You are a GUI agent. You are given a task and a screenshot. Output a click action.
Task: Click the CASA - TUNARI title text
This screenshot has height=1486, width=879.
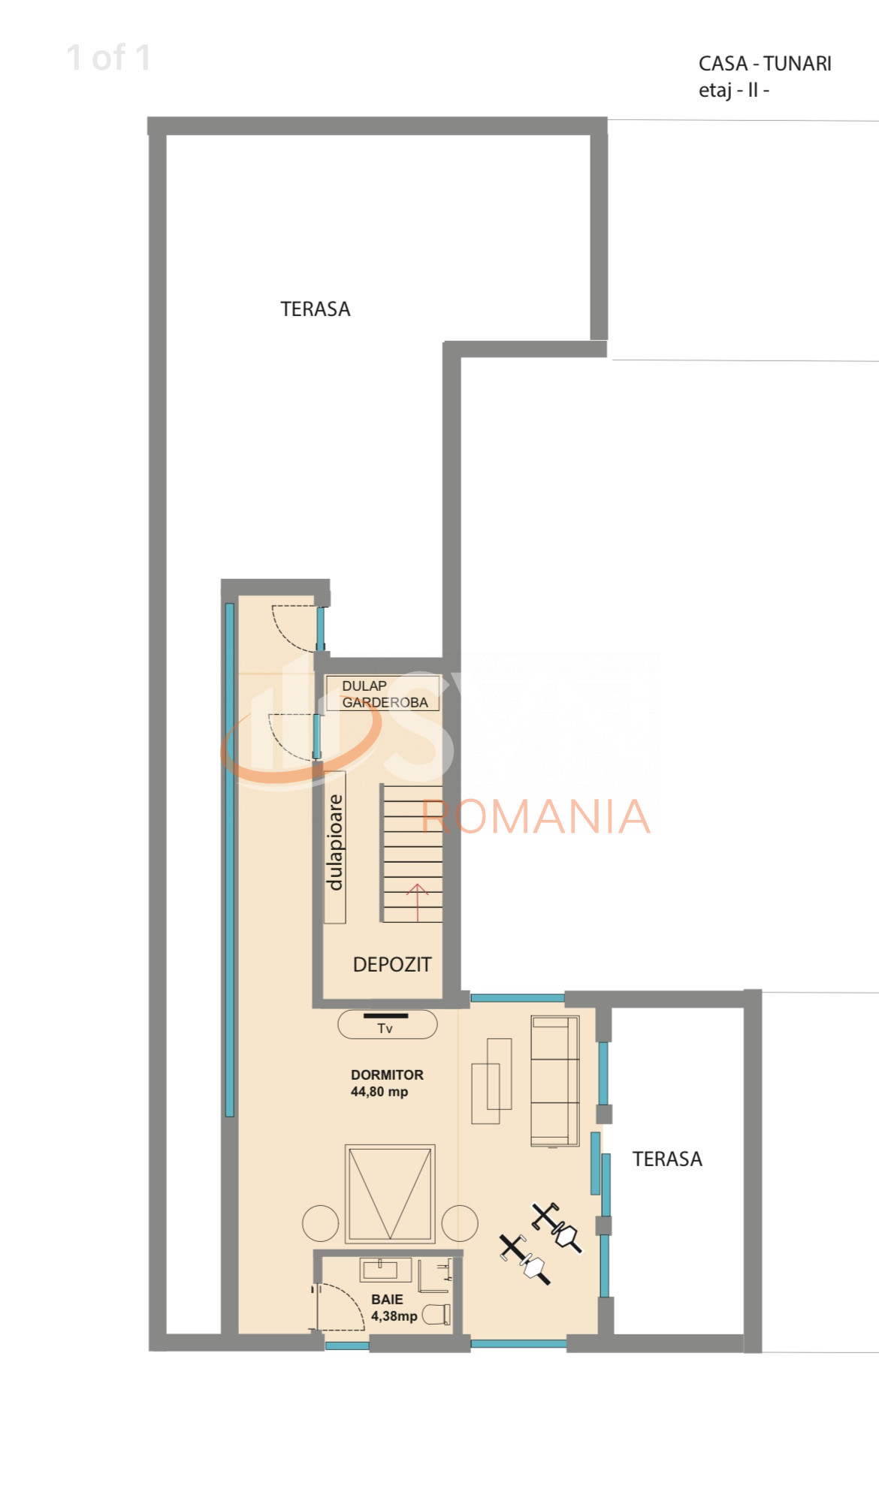pos(764,64)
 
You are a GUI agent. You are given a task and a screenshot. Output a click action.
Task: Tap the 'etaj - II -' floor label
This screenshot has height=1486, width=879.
pos(733,91)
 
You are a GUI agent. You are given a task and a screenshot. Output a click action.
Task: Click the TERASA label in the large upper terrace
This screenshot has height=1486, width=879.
pos(315,309)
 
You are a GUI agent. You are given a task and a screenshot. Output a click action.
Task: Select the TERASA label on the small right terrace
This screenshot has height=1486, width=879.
pos(666,1159)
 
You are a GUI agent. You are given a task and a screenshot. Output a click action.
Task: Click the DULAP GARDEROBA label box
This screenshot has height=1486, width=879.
pos(383,694)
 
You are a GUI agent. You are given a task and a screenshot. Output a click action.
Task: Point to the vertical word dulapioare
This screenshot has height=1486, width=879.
pos(335,842)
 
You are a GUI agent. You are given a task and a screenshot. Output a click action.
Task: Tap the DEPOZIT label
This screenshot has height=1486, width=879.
pos(392,965)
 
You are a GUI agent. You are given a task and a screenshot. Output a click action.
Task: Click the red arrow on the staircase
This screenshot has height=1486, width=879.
pos(417,902)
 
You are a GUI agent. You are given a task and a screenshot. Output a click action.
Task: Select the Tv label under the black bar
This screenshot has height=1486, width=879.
pos(385,1029)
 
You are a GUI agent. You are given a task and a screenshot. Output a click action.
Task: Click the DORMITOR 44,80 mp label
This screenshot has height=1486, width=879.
pos(386,1084)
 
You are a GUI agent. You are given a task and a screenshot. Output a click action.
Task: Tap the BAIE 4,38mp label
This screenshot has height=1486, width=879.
pos(392,1307)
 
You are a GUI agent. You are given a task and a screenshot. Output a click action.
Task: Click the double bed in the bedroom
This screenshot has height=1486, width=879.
pos(390,1193)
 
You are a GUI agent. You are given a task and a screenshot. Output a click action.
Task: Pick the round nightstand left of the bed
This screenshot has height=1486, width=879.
pos(321,1223)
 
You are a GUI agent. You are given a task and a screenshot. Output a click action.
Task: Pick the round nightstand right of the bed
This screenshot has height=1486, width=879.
pos(460,1223)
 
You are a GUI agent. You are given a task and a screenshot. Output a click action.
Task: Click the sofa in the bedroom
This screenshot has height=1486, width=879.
pos(554,1081)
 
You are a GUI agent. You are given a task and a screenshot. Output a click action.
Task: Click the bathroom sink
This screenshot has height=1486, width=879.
pos(385,1270)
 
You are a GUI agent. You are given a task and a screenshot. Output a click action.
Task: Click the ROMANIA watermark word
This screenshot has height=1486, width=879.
pos(535,817)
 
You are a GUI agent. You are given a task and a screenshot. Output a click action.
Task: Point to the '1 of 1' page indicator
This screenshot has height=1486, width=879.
pos(109,58)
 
